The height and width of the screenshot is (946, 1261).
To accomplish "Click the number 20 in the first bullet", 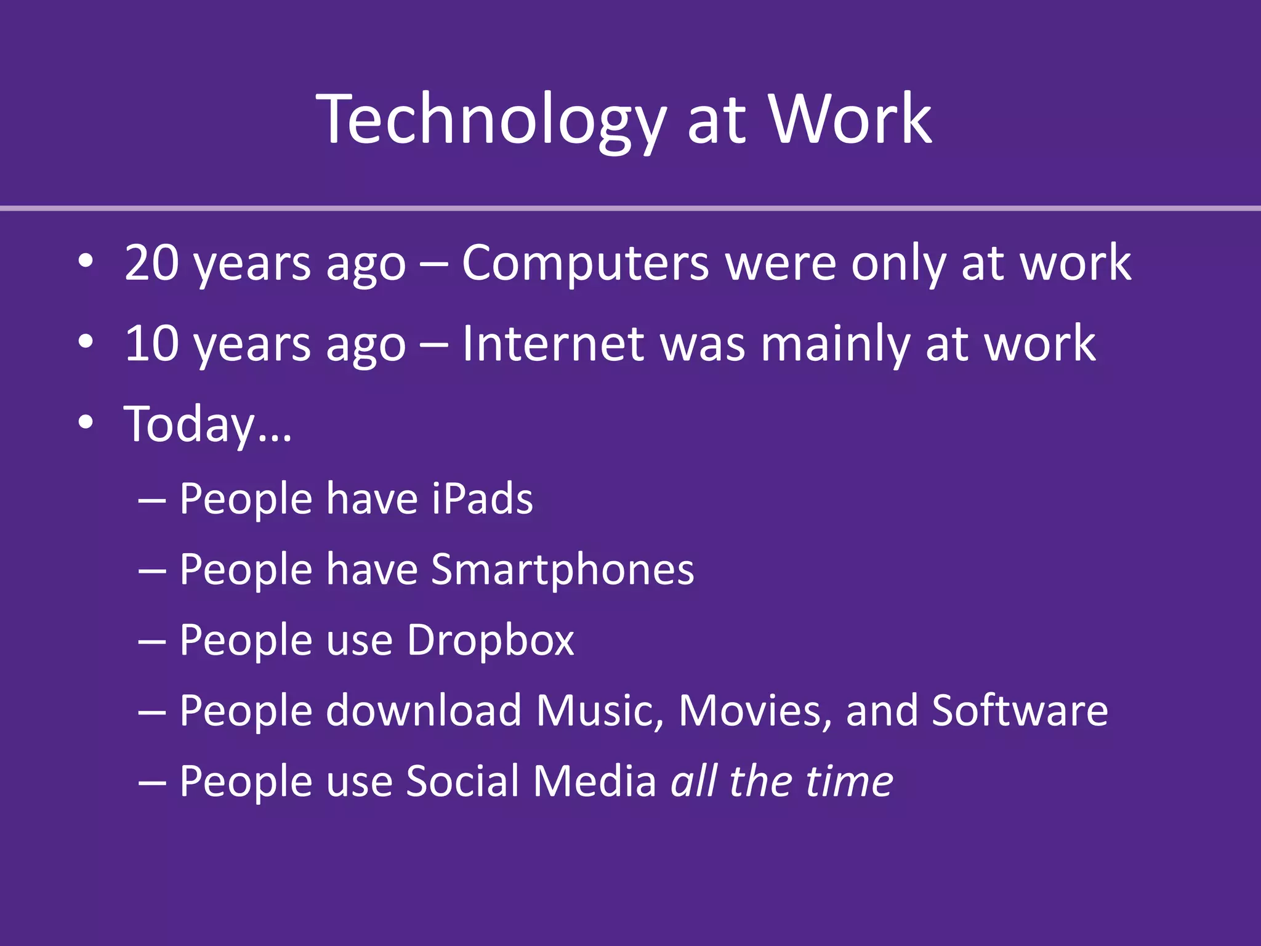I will click(152, 263).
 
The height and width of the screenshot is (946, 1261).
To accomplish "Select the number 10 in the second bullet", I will click(152, 344).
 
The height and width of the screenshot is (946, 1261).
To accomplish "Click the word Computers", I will click(585, 264).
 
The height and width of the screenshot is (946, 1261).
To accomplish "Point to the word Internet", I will click(553, 344).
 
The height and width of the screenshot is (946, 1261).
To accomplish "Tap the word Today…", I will click(207, 425).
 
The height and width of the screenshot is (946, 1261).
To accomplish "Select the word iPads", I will click(481, 498).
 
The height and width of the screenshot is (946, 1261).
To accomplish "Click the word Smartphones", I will click(562, 570).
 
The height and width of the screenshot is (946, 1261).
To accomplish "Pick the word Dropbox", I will click(490, 641).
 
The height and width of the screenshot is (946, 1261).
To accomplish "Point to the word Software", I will click(1020, 711).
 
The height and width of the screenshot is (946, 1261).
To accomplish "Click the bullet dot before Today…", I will click(86, 422).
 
